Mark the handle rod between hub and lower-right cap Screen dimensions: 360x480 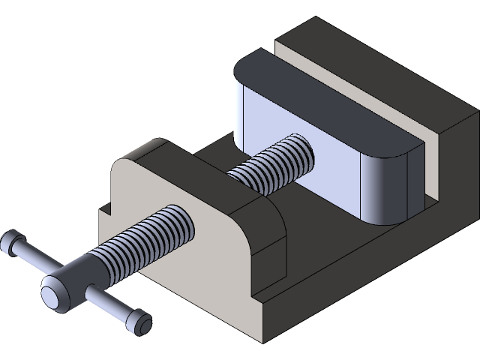(x=109, y=304)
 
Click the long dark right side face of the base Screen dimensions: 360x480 (x=375, y=277)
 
